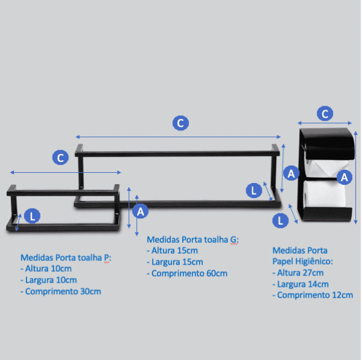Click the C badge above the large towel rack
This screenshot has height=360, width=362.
click(180, 123)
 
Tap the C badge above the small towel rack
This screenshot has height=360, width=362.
click(60, 158)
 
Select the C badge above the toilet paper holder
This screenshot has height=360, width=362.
click(325, 114)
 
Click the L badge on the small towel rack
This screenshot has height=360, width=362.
click(33, 216)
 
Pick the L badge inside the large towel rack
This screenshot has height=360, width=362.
click(254, 190)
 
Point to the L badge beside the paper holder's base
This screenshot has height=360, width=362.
click(281, 220)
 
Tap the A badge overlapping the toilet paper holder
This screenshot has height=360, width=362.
click(345, 178)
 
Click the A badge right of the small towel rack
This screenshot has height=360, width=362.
click(141, 211)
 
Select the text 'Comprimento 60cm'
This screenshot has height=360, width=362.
click(189, 274)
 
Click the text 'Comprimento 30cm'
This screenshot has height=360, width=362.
click(63, 291)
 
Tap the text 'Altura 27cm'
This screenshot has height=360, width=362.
click(300, 272)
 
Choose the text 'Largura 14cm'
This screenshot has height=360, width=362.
click(303, 284)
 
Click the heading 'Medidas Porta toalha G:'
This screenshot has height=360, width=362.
click(193, 240)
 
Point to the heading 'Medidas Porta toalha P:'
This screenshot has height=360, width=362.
click(66, 258)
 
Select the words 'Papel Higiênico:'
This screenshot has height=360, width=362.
click(303, 262)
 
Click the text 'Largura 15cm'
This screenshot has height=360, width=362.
click(177, 262)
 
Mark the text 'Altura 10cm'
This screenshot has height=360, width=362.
click(48, 269)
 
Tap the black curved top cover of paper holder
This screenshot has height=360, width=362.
click(328, 143)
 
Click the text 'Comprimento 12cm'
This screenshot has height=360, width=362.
click(315, 295)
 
